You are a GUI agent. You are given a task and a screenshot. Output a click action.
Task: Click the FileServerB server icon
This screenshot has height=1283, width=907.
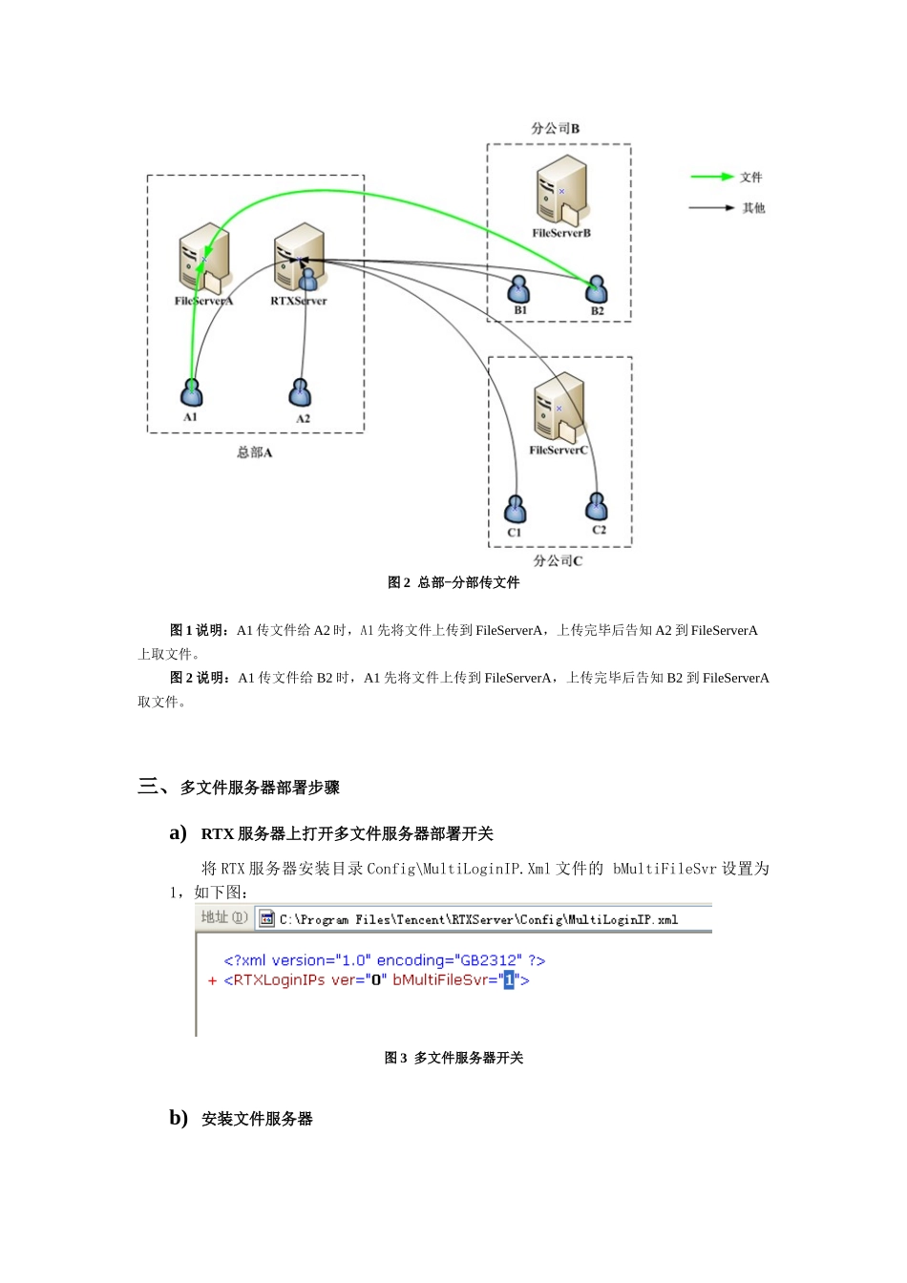pyautogui.click(x=561, y=189)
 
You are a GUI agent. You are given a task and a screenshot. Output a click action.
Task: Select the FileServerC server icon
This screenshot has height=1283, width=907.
pyautogui.click(x=559, y=406)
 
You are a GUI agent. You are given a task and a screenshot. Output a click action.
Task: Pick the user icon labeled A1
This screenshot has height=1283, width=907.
pyautogui.click(x=192, y=392)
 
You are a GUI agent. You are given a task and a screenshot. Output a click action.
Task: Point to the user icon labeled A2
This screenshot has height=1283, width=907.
pyautogui.click(x=301, y=392)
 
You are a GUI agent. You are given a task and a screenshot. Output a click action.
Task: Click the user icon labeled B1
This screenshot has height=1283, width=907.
pyautogui.click(x=519, y=288)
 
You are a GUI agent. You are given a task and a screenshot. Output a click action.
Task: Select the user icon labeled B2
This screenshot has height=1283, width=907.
pyautogui.click(x=597, y=288)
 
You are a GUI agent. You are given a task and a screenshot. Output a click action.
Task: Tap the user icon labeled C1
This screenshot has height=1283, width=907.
pyautogui.click(x=516, y=509)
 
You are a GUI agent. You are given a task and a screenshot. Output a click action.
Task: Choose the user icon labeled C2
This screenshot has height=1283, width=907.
pyautogui.click(x=597, y=506)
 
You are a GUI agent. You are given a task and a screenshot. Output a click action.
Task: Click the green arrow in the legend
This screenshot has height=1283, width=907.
pyautogui.click(x=711, y=177)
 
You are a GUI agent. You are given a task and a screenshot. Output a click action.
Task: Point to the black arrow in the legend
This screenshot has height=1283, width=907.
pyautogui.click(x=711, y=207)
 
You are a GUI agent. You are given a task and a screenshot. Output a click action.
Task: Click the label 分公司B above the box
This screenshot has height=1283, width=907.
pyautogui.click(x=556, y=128)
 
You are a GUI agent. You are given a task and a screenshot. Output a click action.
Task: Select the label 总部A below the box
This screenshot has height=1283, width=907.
pyautogui.click(x=255, y=452)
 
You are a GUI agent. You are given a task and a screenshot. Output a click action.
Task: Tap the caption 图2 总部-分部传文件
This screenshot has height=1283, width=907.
pyautogui.click(x=453, y=582)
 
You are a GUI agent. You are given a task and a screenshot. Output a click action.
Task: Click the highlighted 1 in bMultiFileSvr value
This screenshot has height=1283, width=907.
pyautogui.click(x=509, y=979)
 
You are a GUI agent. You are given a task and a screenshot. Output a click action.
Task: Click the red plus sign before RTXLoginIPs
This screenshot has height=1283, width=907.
pyautogui.click(x=212, y=980)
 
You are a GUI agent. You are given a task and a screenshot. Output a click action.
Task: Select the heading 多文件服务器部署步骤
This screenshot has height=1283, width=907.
pyautogui.click(x=260, y=788)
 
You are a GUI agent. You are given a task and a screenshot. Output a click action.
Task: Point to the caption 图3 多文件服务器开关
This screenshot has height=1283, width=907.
pyautogui.click(x=453, y=1058)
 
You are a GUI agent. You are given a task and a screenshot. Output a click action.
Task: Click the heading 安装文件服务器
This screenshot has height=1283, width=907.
pyautogui.click(x=257, y=1119)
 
